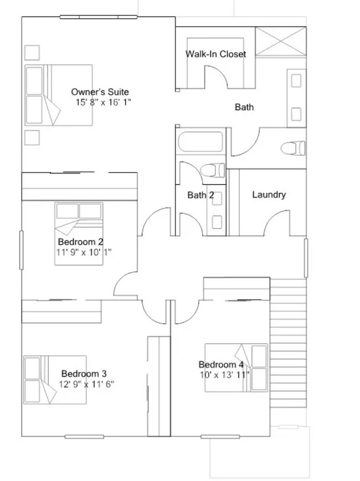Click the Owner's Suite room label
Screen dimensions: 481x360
(x=100, y=92)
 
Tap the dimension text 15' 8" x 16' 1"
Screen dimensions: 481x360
(x=103, y=103)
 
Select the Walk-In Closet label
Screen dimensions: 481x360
(x=215, y=54)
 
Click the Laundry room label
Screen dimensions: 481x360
(x=269, y=195)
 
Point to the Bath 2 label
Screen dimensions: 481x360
(x=200, y=195)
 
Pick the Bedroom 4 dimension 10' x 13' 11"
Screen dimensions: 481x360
(x=224, y=374)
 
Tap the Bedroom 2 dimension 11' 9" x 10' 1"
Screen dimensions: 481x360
(x=89, y=252)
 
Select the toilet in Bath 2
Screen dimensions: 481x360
(x=212, y=170)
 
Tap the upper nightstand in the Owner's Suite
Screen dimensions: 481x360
(x=32, y=52)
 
